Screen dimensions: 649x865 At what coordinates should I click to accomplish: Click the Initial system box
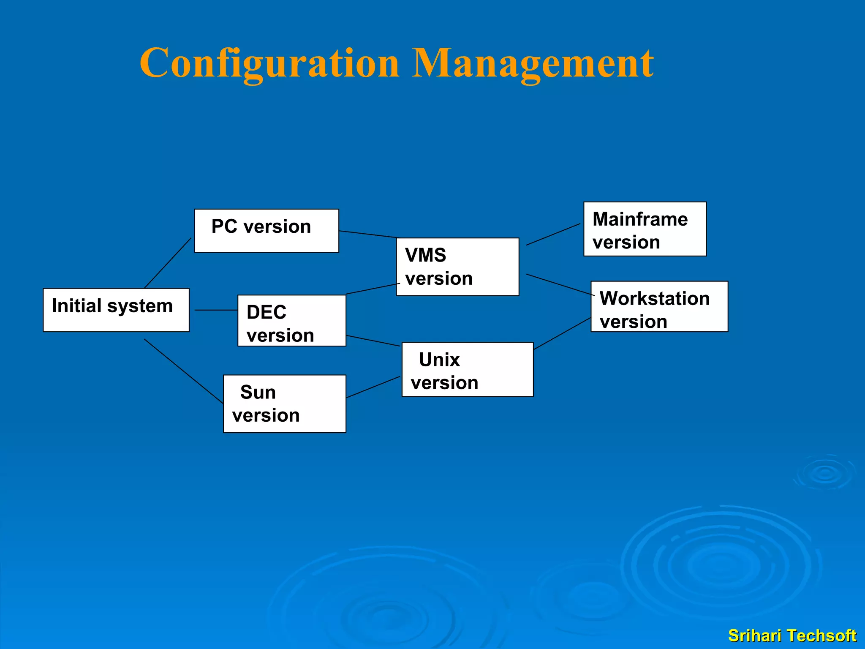[116, 310]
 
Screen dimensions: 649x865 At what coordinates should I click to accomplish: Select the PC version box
[266, 231]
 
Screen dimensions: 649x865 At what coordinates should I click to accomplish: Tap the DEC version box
[291, 321]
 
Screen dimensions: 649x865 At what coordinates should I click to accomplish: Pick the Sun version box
[284, 404]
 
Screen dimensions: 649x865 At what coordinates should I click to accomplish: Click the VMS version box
[457, 267]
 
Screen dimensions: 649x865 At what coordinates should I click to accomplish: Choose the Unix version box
[467, 370]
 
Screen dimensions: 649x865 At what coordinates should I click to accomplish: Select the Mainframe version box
[645, 229]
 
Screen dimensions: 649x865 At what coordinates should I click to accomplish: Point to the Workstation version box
[659, 307]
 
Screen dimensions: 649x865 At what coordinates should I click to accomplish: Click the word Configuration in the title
[269, 63]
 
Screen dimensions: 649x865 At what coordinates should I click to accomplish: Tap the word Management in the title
[533, 63]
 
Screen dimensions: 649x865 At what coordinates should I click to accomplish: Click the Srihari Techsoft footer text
[792, 635]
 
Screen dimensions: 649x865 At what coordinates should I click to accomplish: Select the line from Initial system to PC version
[168, 263]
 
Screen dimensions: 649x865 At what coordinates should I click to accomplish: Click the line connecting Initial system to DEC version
[216, 310]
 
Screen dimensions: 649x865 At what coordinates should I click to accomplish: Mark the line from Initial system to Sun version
[183, 371]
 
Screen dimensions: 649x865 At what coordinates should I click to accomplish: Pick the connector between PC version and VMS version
[368, 234]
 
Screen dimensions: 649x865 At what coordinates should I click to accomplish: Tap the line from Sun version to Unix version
[373, 387]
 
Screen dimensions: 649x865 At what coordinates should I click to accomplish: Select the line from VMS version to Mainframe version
[553, 235]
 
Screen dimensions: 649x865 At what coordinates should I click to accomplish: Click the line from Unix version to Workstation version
[562, 334]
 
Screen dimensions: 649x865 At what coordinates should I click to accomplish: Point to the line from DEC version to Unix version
[373, 341]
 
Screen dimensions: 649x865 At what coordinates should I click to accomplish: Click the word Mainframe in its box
[640, 219]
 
